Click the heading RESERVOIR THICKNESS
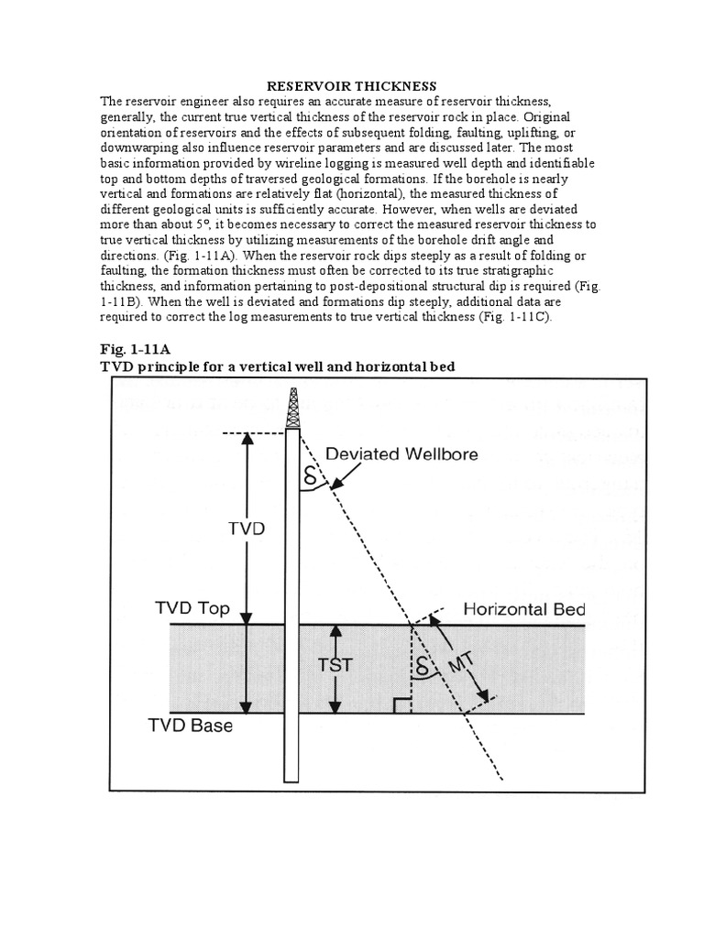(x=352, y=85)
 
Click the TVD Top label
(x=192, y=609)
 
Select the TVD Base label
(x=191, y=726)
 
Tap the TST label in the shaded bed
(x=335, y=666)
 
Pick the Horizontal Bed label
(x=523, y=609)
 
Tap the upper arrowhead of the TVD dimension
(x=246, y=439)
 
